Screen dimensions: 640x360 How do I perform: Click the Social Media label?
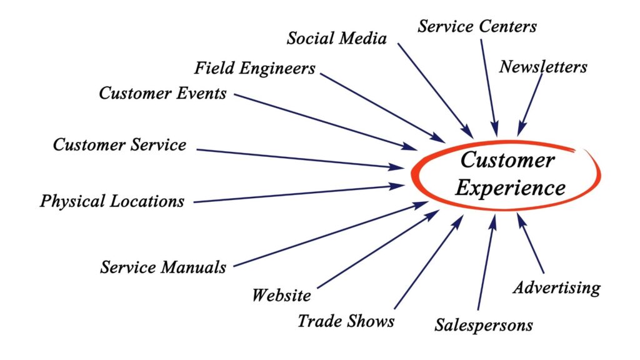337,38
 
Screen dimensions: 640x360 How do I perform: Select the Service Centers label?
477,26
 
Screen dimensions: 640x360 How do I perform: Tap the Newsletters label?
543,66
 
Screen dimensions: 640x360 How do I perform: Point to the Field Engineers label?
255,68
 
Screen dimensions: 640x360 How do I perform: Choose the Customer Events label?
162,93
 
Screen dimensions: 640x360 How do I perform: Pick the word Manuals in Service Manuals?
194,267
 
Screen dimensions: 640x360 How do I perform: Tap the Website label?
282,295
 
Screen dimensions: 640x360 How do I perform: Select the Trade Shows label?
346,321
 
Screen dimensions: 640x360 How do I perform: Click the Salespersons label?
484,325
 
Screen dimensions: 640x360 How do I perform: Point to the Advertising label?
557,287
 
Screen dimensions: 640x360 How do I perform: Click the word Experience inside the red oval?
511,188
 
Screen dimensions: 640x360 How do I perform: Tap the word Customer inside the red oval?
507,159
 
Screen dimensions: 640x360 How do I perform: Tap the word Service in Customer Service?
159,144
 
